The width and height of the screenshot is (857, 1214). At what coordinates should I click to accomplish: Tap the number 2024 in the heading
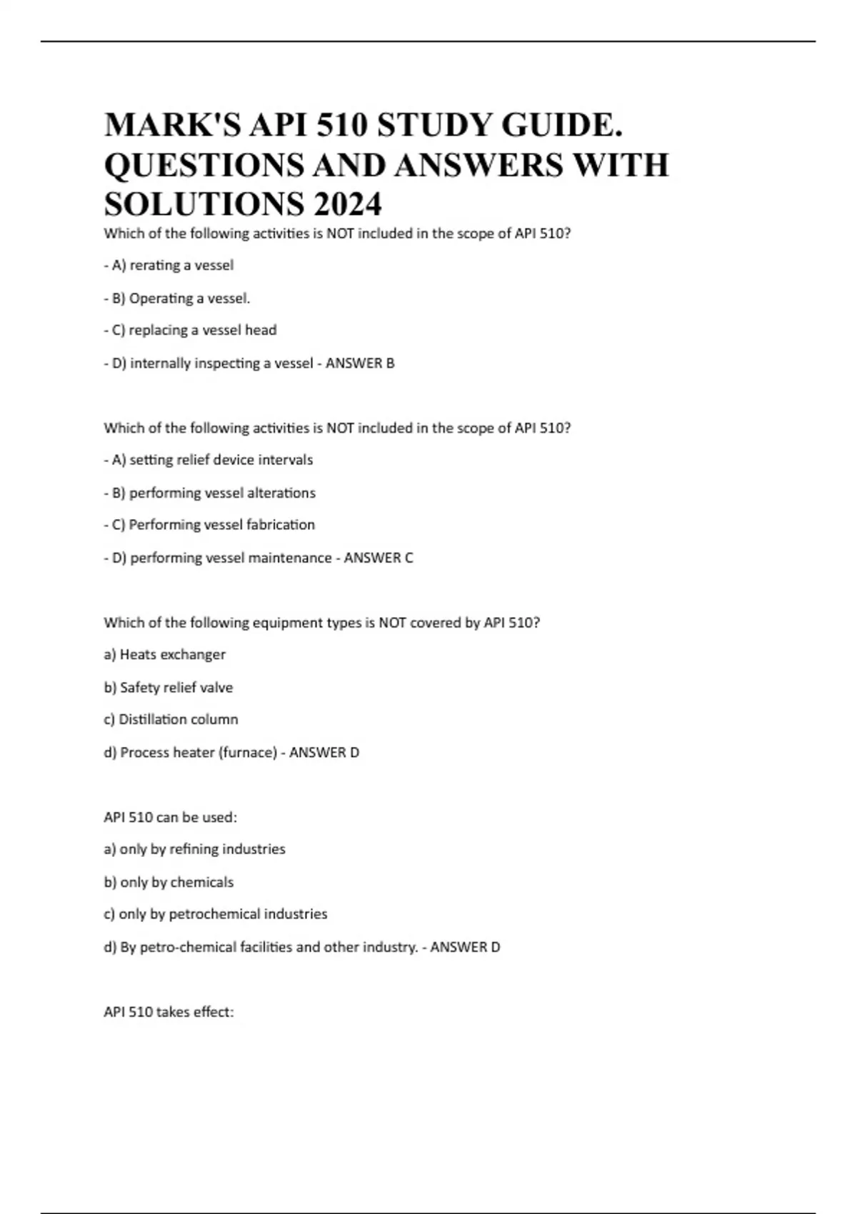[x=346, y=205]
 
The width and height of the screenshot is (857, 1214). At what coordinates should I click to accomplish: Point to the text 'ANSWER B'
[x=360, y=363]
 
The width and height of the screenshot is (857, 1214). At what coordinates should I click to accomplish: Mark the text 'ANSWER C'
[x=379, y=558]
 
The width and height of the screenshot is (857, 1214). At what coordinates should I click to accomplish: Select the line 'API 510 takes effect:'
[x=169, y=1012]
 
